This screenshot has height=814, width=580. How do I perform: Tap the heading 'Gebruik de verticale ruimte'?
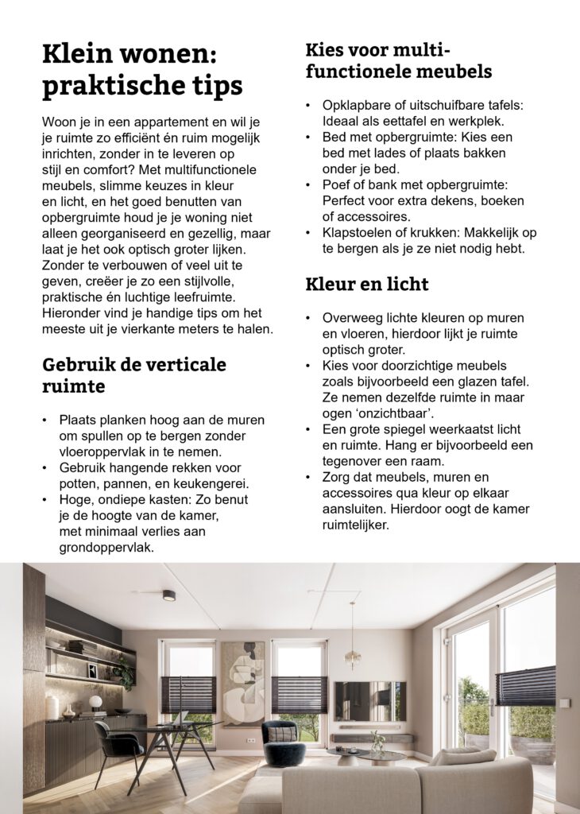click(133, 375)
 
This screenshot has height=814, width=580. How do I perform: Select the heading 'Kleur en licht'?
click(366, 284)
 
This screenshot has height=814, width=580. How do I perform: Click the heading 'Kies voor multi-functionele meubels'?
click(398, 60)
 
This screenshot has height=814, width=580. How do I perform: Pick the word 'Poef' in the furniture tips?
click(336, 184)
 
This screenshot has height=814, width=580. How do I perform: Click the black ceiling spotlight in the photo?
click(168, 595)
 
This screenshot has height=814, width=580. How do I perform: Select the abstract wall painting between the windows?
click(242, 684)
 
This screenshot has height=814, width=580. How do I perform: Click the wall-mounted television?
click(369, 700)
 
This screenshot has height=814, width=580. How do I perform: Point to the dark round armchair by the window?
click(284, 743)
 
